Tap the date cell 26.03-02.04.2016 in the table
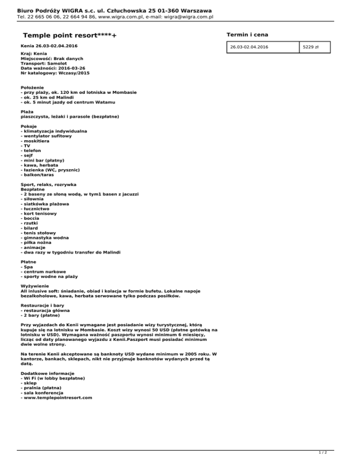[249, 47]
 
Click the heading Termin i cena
[247, 35]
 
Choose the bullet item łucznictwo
[39, 209]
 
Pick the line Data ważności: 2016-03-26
[53, 68]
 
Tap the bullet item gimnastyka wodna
[45, 238]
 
